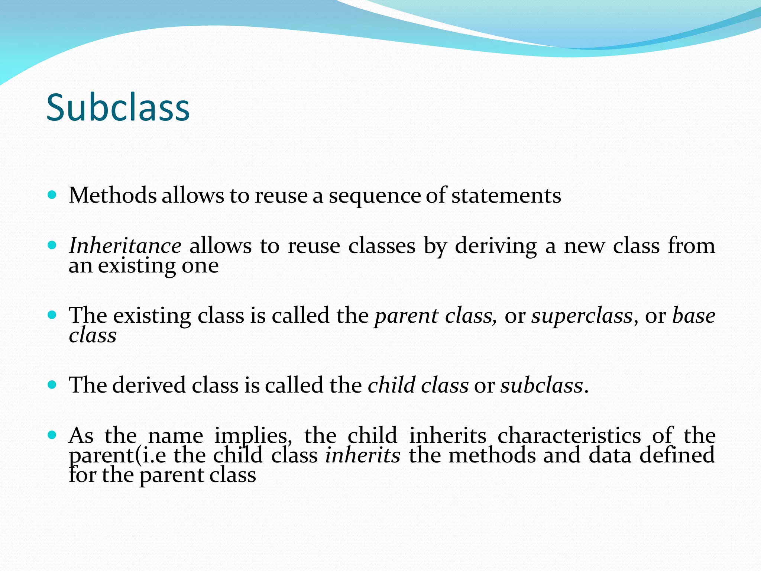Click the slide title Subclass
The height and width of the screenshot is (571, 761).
(118, 108)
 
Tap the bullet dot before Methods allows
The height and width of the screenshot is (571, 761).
(52, 194)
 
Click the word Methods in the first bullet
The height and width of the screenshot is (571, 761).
(113, 195)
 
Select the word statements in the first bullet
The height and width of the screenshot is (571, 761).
(506, 195)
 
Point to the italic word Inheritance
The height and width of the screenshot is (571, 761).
(125, 246)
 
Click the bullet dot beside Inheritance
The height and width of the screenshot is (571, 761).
(52, 245)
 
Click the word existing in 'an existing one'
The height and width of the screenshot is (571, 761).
(136, 266)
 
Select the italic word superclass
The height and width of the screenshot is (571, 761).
(582, 316)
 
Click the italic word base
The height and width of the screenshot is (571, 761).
(694, 316)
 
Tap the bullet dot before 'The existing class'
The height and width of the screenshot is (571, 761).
(52, 315)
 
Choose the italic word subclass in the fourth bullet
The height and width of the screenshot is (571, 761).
(542, 385)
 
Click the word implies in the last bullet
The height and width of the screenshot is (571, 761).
(253, 436)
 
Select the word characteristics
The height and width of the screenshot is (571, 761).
(569, 435)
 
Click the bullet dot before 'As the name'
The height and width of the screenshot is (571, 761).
(52, 435)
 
